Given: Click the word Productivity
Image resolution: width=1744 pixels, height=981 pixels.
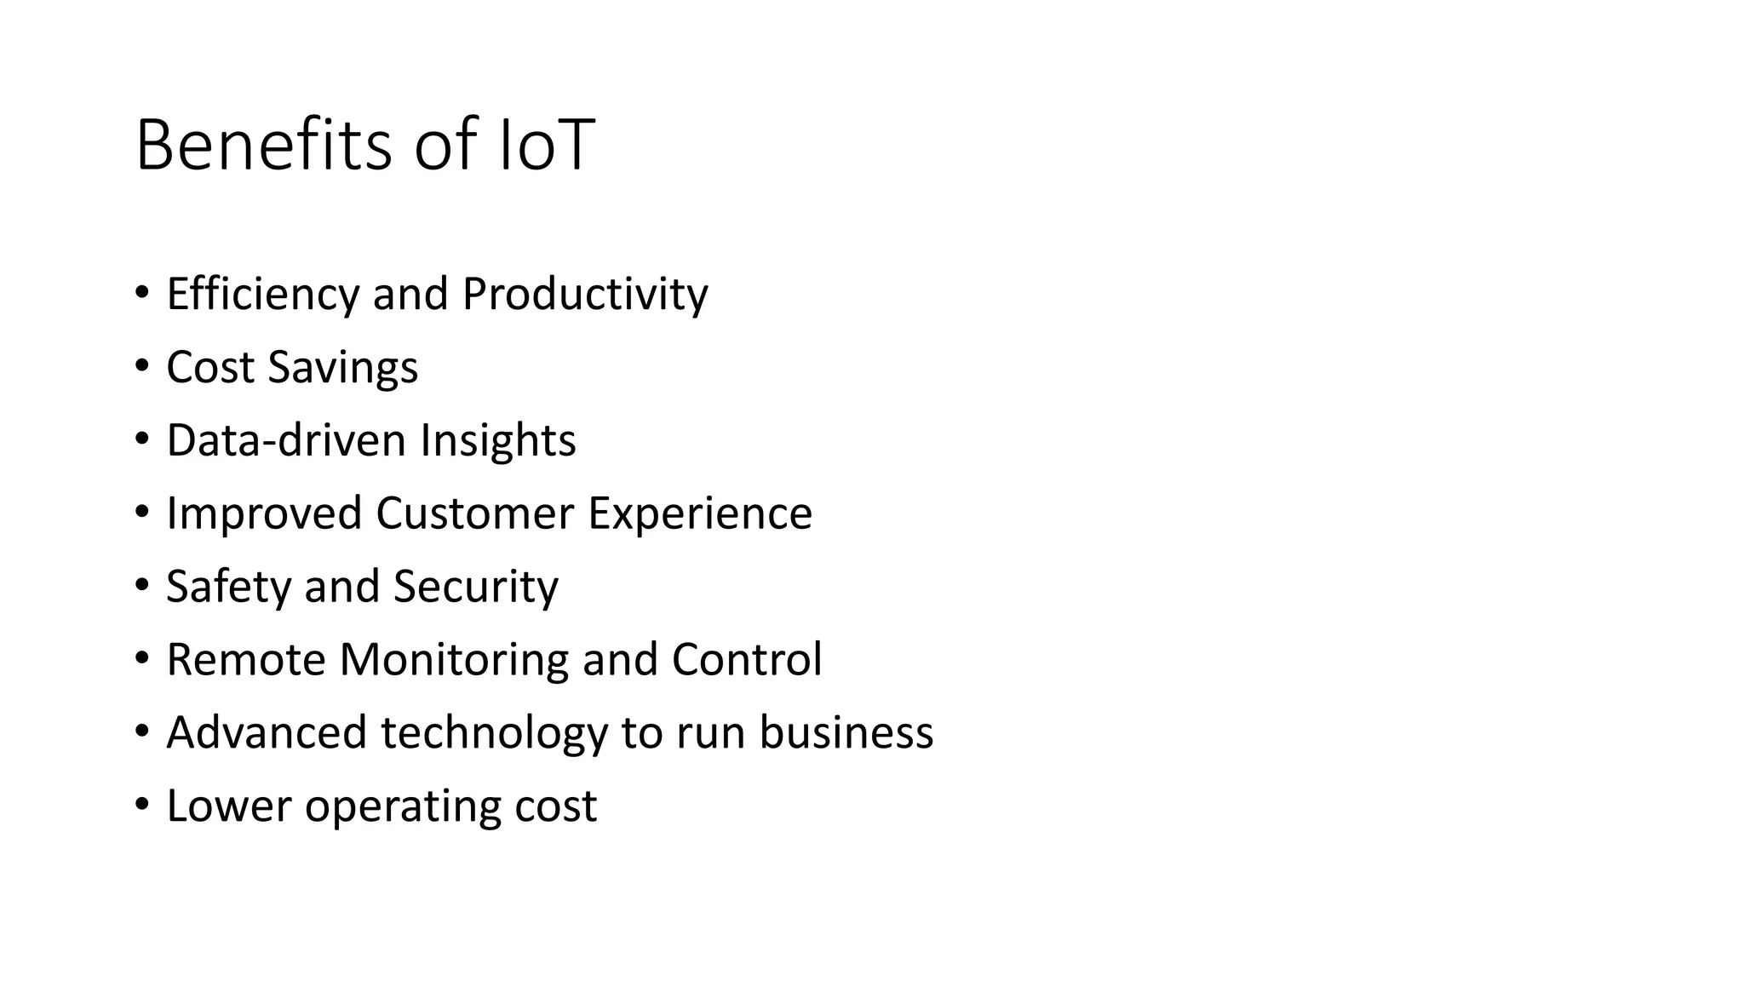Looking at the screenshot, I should pos(585,295).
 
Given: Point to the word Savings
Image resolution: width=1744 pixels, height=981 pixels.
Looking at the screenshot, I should pos(342,368).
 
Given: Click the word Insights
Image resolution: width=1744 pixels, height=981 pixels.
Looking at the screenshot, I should pos(497,440).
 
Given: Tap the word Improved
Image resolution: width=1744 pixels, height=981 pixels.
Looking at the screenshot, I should pos(264,513).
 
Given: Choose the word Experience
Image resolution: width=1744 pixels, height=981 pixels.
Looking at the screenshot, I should pos(700,513).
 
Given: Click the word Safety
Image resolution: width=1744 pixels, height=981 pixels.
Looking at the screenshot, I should pos(228,587).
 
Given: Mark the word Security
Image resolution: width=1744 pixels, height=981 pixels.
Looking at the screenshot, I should pos(475,587).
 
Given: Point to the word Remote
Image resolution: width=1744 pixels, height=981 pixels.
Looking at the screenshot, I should pos(245,660).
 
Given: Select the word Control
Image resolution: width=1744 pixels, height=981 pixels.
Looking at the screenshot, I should pos(747,660).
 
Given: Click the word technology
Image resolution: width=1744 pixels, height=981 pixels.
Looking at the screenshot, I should pos(494,733).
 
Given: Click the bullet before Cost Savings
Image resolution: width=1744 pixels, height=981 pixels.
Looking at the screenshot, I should pos(141,367).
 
